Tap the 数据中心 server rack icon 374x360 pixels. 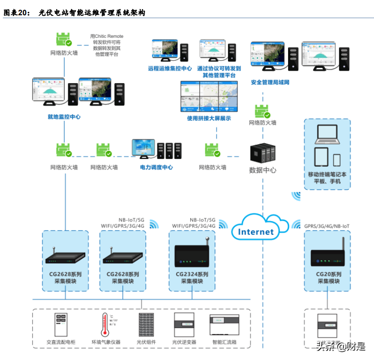[x=263, y=152]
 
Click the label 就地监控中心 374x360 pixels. [x=64, y=116]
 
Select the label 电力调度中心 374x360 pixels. [x=156, y=167]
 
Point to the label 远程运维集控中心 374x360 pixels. [x=170, y=69]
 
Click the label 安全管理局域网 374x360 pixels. [x=270, y=83]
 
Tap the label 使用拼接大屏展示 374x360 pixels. [x=209, y=118]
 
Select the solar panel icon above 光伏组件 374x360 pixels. [x=146, y=325]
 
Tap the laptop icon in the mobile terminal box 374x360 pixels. [x=327, y=135]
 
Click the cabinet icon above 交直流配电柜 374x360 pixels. [x=61, y=325]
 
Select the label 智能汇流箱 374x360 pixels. [x=224, y=342]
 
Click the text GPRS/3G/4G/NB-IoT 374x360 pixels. [x=327, y=225]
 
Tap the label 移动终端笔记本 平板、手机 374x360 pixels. [x=327, y=178]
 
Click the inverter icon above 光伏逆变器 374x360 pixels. [x=185, y=325]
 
